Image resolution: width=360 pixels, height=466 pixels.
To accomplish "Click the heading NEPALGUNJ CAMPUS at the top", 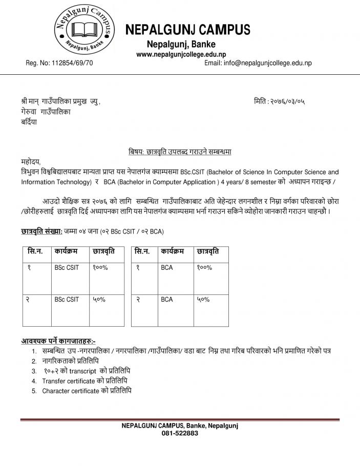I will coord(188,29).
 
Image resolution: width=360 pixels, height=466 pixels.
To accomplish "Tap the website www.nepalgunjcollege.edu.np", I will coord(181,54).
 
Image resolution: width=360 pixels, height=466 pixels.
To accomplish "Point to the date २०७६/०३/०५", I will coord(290,101).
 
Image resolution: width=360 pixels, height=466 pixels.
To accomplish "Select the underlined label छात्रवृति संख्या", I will coord(41,231).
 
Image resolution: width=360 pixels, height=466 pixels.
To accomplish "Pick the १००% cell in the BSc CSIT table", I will coord(101,267).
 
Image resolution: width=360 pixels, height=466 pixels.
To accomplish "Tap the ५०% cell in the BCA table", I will coord(203,300).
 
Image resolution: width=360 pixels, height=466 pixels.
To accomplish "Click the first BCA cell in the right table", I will coord(166,267).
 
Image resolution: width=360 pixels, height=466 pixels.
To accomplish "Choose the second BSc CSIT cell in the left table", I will coord(67,300).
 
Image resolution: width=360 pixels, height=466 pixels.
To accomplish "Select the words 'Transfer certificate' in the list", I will coord(69,381).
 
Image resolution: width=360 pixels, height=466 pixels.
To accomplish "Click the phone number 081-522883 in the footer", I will coord(180,433).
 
